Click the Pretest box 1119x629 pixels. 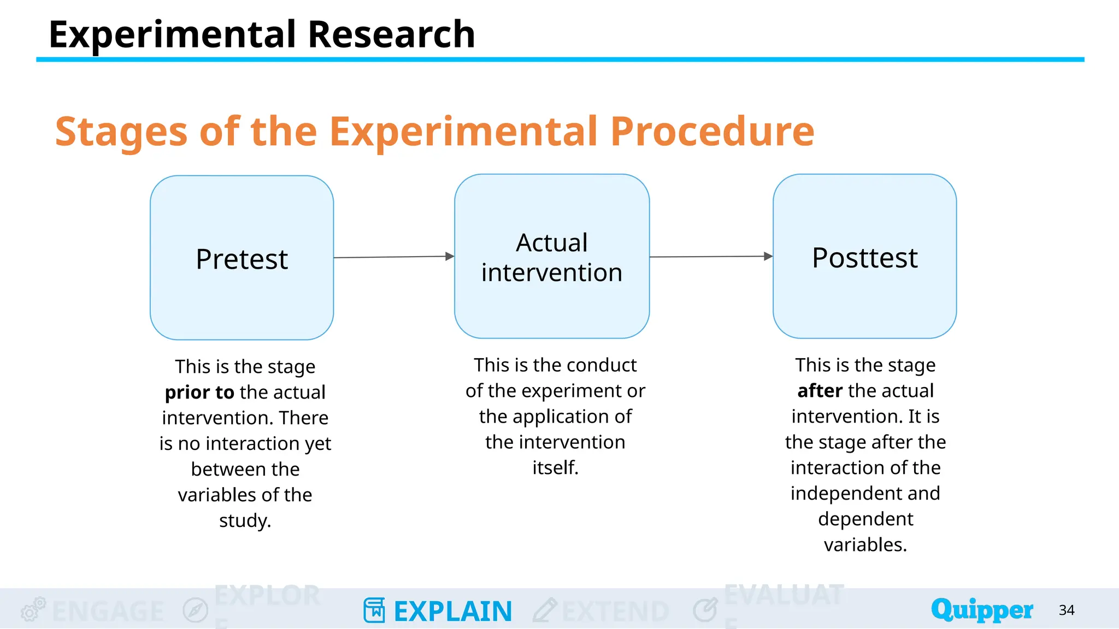coord(242,258)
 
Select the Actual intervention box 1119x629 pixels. coord(552,257)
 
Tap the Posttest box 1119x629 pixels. coord(864,257)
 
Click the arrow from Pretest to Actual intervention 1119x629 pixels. coord(393,257)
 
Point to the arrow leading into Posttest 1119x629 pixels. coord(710,257)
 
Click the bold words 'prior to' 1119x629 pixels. coord(199,392)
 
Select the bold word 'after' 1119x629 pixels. coord(820,391)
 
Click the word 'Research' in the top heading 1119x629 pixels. coord(391,34)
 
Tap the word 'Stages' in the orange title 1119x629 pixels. coord(121,132)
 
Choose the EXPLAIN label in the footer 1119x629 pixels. coord(453,611)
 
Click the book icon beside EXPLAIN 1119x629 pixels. coord(374,610)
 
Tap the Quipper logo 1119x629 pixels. coord(981,610)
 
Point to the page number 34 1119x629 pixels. coord(1067,610)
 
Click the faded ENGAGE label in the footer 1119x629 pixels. coord(108,611)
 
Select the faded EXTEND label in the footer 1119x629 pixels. coord(615,611)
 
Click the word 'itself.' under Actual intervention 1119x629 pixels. coord(555,467)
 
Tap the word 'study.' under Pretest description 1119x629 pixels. coord(245,520)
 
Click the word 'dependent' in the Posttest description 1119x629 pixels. coord(865,519)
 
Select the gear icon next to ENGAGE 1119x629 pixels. coord(32,609)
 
